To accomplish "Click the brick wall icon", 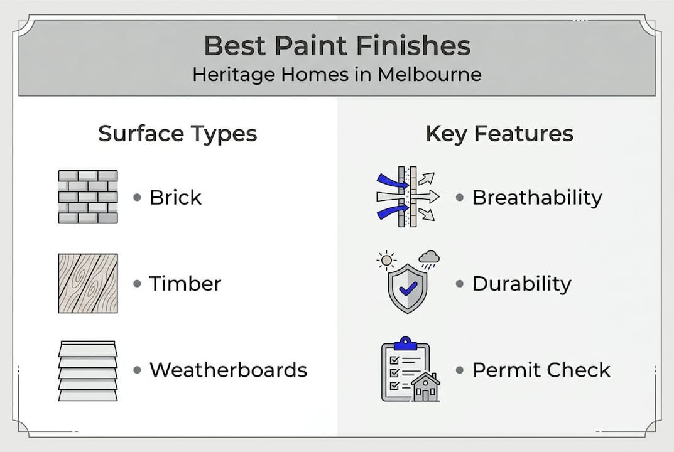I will click(x=88, y=197).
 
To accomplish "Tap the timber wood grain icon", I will click(x=88, y=283).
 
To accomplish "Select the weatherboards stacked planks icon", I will click(x=88, y=370).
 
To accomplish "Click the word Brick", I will click(x=175, y=198).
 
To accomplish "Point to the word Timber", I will click(x=185, y=284).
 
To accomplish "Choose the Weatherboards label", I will click(x=228, y=370).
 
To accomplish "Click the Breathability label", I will click(x=537, y=198).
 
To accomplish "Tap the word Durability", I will click(x=521, y=284).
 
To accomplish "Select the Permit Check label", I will click(x=541, y=370).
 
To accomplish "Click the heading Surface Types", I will click(x=178, y=134).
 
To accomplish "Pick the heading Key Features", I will click(x=499, y=134).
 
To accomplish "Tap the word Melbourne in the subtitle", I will click(x=429, y=75).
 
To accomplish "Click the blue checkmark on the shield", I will click(x=407, y=289).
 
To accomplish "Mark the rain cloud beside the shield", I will click(x=429, y=257).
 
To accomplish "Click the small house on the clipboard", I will click(x=425, y=387).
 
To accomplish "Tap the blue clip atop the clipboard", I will click(x=405, y=343).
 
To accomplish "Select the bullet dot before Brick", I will click(x=137, y=198).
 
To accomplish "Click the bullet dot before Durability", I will click(x=459, y=284).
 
